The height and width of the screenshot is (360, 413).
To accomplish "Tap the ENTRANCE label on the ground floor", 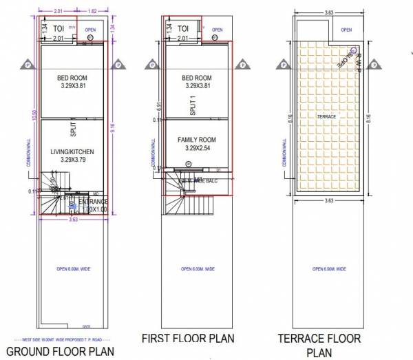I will [x=92, y=201].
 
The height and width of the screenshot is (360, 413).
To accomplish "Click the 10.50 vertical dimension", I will [x=32, y=117].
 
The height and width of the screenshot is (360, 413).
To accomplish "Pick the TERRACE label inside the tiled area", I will [x=326, y=117].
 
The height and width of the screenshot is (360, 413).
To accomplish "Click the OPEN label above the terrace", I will [x=346, y=30].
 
